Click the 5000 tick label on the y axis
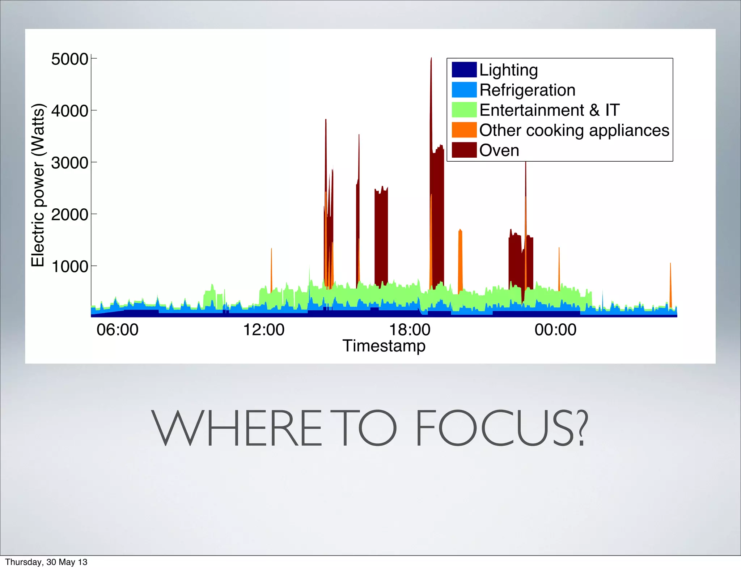[69, 59]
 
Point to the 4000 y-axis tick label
[69, 111]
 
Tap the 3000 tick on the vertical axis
[69, 163]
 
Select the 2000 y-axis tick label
[69, 214]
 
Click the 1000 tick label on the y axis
[69, 267]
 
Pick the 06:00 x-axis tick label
[117, 330]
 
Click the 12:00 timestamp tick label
[263, 330]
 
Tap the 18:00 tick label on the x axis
[410, 330]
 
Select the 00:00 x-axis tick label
[555, 330]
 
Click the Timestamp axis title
[384, 346]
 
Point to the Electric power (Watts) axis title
[38, 185]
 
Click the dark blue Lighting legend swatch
[464, 70]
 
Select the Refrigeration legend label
[527, 90]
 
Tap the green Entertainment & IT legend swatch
[464, 110]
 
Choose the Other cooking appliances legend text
[574, 130]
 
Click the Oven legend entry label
[499, 150]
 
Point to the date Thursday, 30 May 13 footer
[46, 562]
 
